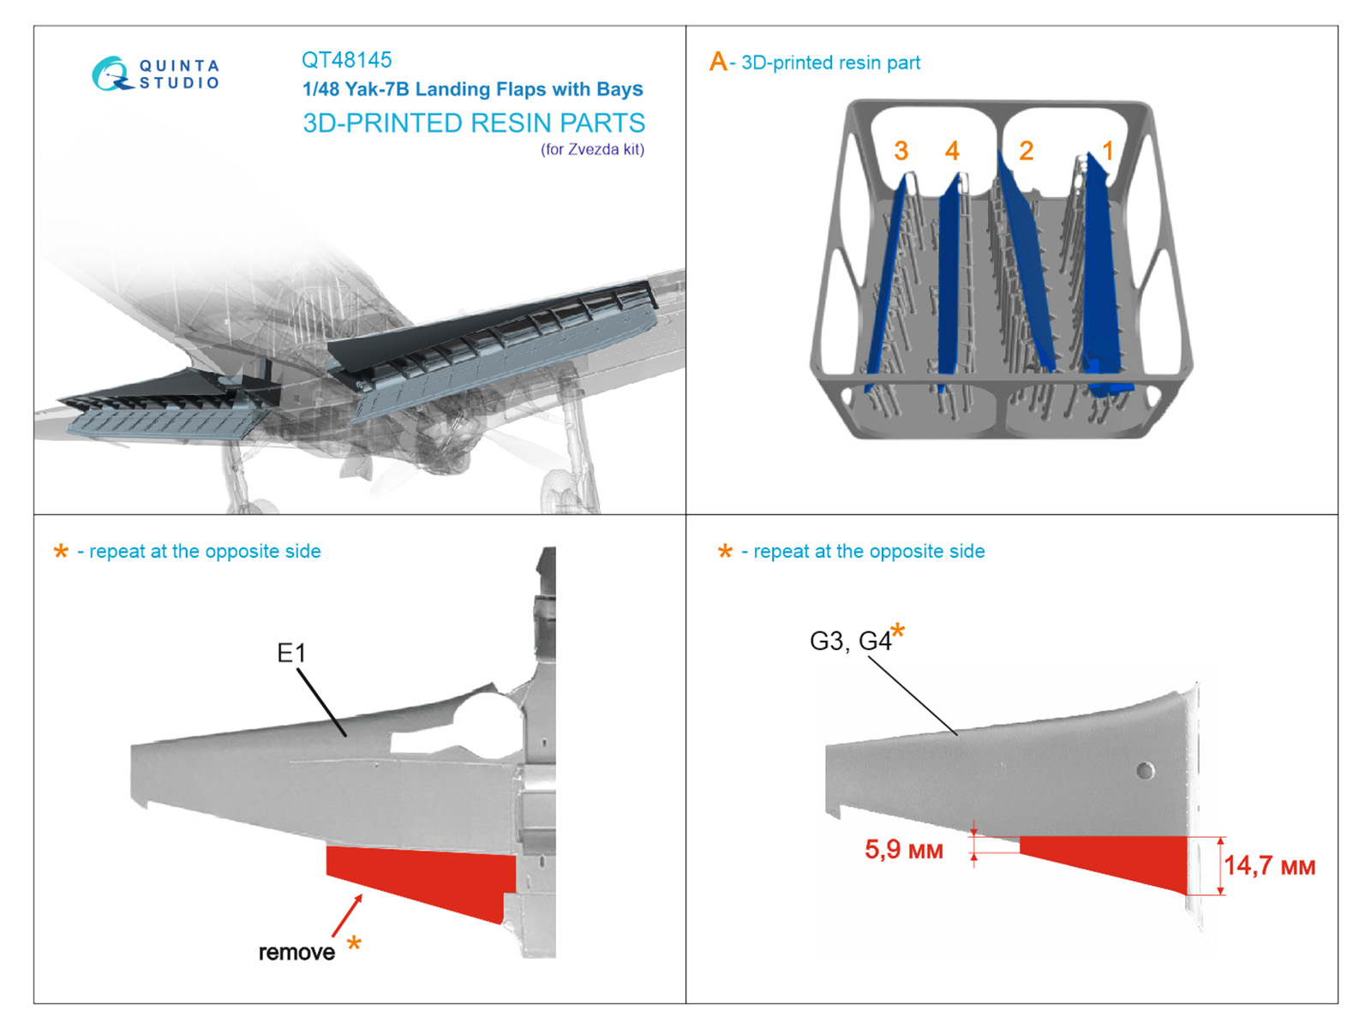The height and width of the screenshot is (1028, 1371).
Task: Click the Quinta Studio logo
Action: click(x=155, y=74)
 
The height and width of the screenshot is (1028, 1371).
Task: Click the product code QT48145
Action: click(x=346, y=60)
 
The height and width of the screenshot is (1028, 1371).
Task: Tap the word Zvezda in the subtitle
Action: click(x=593, y=149)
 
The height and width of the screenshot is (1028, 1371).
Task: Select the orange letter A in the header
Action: click(x=717, y=62)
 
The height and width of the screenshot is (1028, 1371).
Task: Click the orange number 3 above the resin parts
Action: click(x=901, y=151)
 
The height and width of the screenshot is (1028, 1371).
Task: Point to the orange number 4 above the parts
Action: click(x=952, y=151)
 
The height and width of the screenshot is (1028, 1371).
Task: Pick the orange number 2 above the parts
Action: click(x=1026, y=151)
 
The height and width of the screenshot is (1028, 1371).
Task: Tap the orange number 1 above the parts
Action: click(x=1107, y=151)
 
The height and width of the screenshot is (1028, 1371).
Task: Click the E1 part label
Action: click(x=291, y=654)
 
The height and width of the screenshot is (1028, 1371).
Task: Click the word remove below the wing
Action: click(x=296, y=952)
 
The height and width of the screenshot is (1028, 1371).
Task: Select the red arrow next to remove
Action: click(x=347, y=915)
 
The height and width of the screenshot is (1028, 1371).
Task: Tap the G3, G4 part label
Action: click(x=850, y=641)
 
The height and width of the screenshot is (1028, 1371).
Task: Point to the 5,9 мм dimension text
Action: click(x=903, y=850)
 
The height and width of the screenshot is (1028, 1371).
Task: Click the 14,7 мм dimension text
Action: click(x=1268, y=865)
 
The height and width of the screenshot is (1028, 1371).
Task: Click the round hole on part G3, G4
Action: click(x=1145, y=770)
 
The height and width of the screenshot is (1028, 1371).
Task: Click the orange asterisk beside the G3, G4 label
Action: click(x=897, y=632)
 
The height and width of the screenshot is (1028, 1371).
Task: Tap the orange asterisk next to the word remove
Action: click(x=354, y=944)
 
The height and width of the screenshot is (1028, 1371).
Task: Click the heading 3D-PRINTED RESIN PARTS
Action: click(x=473, y=123)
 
